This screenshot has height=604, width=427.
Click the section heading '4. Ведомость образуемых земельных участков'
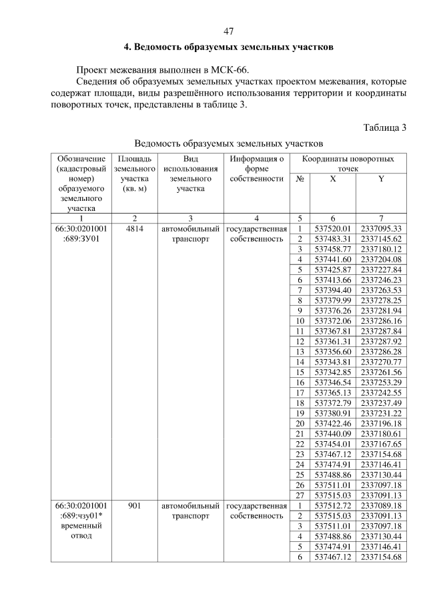[x=228, y=48]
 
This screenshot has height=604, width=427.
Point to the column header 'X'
[x=332, y=179]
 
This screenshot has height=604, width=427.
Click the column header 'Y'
[x=380, y=179]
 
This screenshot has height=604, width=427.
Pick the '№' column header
[x=300, y=179]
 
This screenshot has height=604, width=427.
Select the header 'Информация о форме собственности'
[x=257, y=169]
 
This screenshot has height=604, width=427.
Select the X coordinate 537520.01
[x=332, y=228]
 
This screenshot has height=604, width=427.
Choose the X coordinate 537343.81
[x=332, y=362]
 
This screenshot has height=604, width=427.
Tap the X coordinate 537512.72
[x=332, y=506]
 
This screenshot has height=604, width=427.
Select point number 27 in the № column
[x=300, y=495]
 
